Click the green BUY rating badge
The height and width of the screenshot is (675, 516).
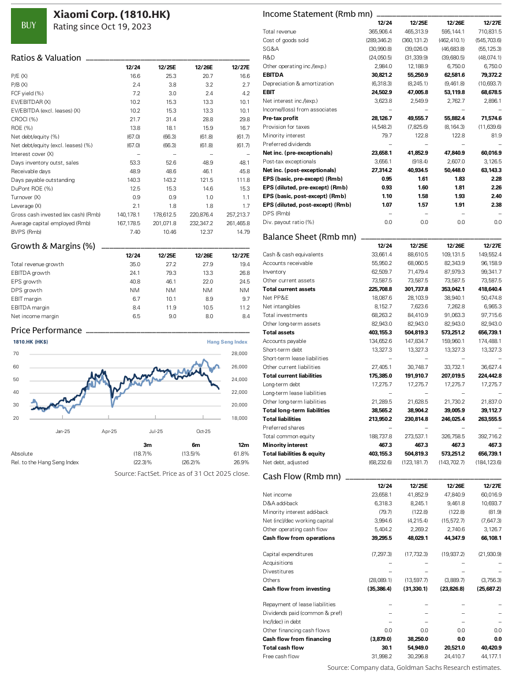tap(29, 25)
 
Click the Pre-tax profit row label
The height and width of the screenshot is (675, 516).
tap(280, 118)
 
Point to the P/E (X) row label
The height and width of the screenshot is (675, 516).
tap(20, 76)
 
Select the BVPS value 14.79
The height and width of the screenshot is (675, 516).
tap(242, 232)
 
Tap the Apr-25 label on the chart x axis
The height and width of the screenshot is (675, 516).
tap(109, 431)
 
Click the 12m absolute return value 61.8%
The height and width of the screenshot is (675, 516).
tap(241, 453)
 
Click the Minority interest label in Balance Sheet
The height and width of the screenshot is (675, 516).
tap(282, 445)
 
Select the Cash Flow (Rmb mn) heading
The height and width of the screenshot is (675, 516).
tap(301, 476)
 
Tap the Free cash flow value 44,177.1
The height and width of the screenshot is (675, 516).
tap(490, 657)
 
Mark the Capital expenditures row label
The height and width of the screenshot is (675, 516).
tap(287, 554)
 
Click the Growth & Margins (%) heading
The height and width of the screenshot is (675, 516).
tap(53, 246)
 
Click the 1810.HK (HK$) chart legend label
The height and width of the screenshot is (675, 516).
tap(30, 342)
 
